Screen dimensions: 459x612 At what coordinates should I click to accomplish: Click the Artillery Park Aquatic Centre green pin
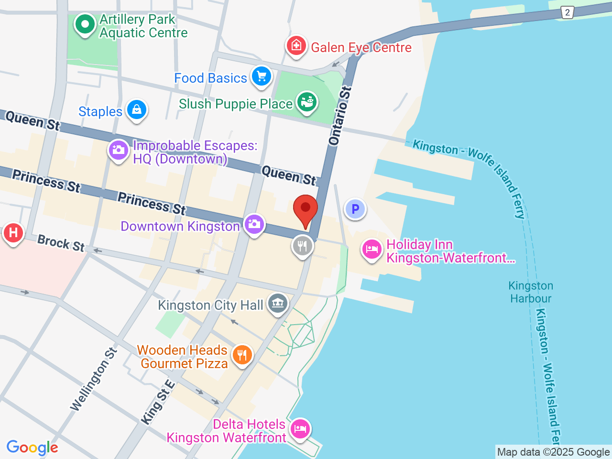click(x=85, y=24)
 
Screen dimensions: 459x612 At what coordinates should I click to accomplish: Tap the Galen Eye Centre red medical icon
click(x=296, y=46)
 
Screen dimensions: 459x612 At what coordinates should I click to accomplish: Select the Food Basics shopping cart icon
click(x=261, y=76)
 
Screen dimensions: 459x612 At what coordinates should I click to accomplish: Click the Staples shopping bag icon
click(x=137, y=109)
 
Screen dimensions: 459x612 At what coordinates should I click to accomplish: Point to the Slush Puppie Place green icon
click(x=306, y=102)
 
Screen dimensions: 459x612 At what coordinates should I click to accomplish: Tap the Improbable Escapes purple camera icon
click(x=118, y=150)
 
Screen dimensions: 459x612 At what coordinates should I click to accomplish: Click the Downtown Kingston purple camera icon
click(x=254, y=224)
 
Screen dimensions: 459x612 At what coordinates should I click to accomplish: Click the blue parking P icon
click(x=355, y=209)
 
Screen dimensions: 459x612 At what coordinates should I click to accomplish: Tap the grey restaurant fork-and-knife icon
click(x=302, y=246)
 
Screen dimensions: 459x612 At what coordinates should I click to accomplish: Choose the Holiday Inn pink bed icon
click(x=372, y=249)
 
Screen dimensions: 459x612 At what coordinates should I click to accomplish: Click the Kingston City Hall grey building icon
click(x=278, y=303)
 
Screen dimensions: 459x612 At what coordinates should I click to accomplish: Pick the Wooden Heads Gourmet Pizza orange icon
click(x=242, y=355)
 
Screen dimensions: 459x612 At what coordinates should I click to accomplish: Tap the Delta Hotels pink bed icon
click(x=300, y=428)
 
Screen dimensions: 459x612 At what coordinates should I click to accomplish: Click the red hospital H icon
click(x=13, y=233)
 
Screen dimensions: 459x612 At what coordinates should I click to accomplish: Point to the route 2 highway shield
click(x=567, y=13)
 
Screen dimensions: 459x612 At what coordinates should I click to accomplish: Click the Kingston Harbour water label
click(x=531, y=292)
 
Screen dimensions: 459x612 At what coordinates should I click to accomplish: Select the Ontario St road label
click(x=340, y=116)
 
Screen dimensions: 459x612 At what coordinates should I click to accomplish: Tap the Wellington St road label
click(x=94, y=380)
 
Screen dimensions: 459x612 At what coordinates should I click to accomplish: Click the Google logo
click(x=33, y=448)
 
